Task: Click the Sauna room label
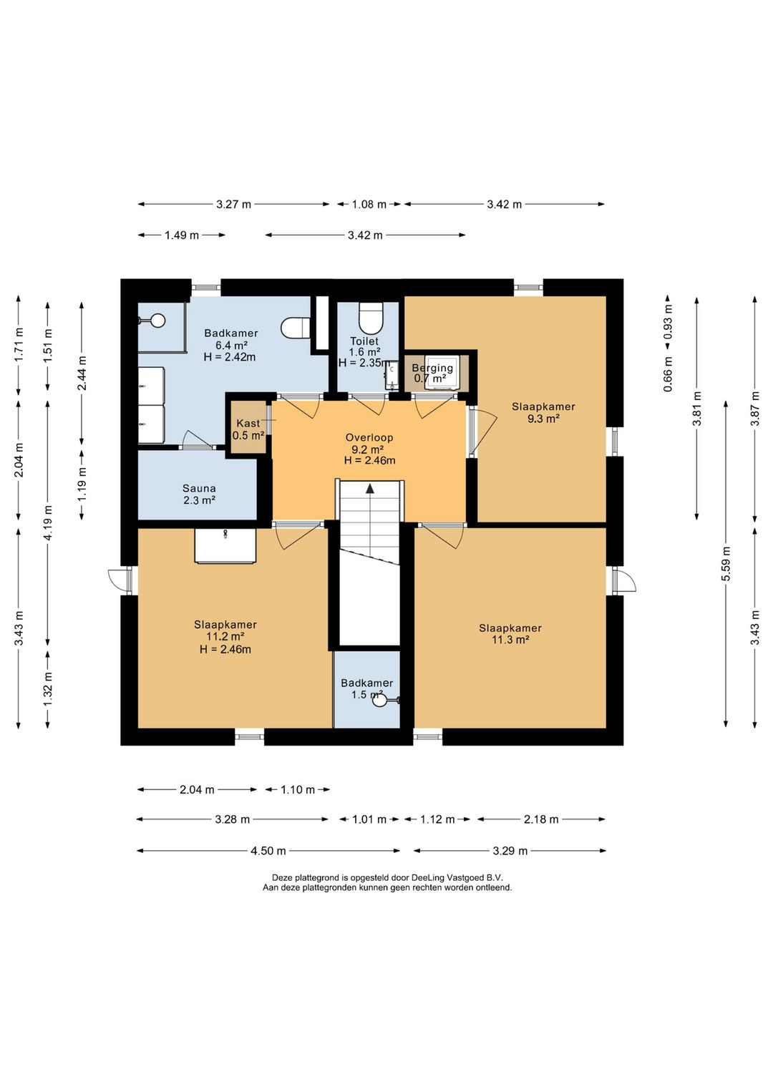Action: click(199, 488)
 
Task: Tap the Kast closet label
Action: click(248, 423)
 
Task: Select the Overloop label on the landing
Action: click(369, 437)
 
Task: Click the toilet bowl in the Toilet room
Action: click(371, 317)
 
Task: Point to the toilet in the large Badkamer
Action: click(296, 327)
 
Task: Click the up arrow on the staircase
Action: click(370, 489)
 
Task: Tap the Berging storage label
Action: click(432, 368)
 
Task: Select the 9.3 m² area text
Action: click(543, 419)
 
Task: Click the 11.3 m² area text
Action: click(510, 640)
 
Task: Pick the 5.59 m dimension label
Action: click(726, 564)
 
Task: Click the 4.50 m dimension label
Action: click(268, 851)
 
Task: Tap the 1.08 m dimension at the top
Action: click(369, 204)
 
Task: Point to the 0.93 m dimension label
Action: click(668, 322)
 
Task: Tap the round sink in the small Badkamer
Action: click(380, 701)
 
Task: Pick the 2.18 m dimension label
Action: click(541, 819)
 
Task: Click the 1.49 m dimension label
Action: click(182, 235)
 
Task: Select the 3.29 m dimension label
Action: click(510, 851)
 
